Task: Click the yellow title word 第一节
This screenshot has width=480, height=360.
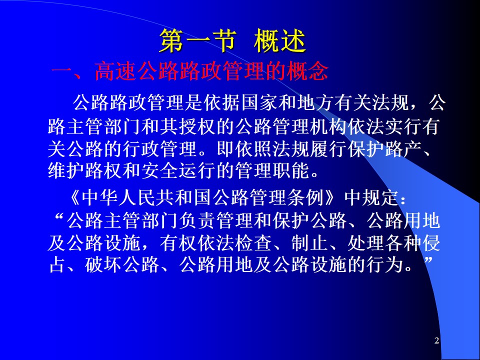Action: click(198, 40)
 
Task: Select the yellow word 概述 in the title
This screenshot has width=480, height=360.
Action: click(279, 40)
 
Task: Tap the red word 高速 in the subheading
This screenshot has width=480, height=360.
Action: click(115, 72)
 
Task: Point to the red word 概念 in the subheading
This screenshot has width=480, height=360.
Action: click(307, 72)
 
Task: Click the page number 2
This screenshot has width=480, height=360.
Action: click(437, 340)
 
